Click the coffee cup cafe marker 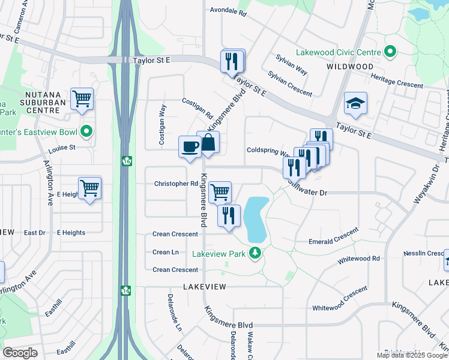coord(190,147)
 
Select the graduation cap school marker coord(355,103)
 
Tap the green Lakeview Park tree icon coord(256,253)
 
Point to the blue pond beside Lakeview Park coord(256,219)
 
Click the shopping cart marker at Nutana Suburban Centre coord(82,98)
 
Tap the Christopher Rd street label coord(176,184)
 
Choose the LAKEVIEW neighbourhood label coord(205,287)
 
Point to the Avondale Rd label coord(229,11)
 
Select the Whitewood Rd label coord(358,259)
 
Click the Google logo coord(20,353)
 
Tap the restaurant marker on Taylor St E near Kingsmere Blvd coord(232,61)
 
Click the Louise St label coord(62,147)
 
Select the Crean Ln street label coord(166,253)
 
